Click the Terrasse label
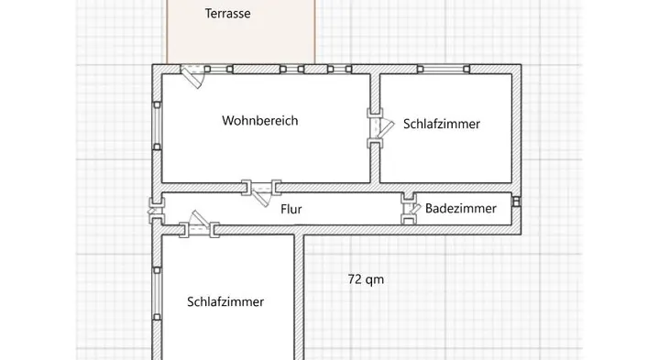point(227,14)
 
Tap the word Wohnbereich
point(260,120)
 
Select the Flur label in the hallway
point(291,209)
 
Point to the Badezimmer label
point(461,208)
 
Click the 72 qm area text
point(366,279)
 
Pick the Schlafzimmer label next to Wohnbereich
point(442,124)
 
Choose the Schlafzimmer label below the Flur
point(225,301)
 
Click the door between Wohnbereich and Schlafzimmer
point(380,128)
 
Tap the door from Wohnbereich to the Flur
point(261,191)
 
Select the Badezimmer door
point(410,208)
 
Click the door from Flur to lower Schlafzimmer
point(199,225)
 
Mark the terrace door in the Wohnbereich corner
point(192,76)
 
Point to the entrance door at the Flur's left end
point(156,211)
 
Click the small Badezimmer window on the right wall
point(517,202)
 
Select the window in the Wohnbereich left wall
point(157,125)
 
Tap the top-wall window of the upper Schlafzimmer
point(444,70)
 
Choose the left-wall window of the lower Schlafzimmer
point(157,294)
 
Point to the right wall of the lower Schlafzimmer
point(299,297)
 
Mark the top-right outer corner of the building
point(521,65)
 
